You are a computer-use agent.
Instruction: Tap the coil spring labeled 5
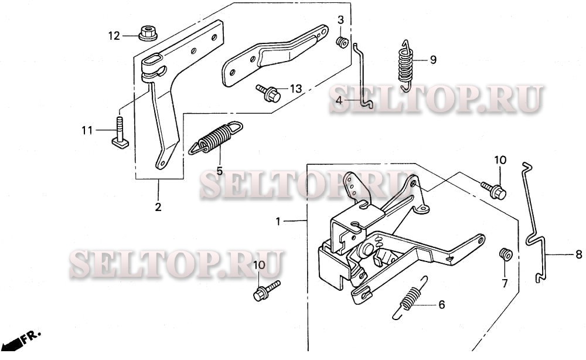(x=214, y=139)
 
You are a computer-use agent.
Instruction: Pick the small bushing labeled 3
(x=340, y=42)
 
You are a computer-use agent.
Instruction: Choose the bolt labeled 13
(x=268, y=93)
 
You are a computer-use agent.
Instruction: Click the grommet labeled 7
(x=504, y=255)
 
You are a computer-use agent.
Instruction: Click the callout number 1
(x=279, y=222)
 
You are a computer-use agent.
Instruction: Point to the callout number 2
(x=158, y=207)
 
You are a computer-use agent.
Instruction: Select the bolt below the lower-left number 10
(x=263, y=292)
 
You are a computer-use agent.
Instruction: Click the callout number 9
(x=433, y=59)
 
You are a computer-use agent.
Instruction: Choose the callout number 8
(x=578, y=254)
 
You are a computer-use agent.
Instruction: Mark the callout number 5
(x=219, y=171)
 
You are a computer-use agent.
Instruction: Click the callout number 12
(x=113, y=36)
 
